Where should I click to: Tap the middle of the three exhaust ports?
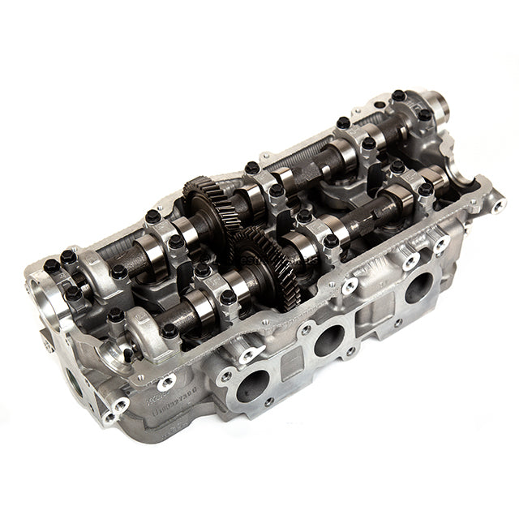[x=329, y=338]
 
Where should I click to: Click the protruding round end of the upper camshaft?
[x=435, y=105]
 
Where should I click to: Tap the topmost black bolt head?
[x=398, y=96]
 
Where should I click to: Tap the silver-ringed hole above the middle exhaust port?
[x=350, y=286]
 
